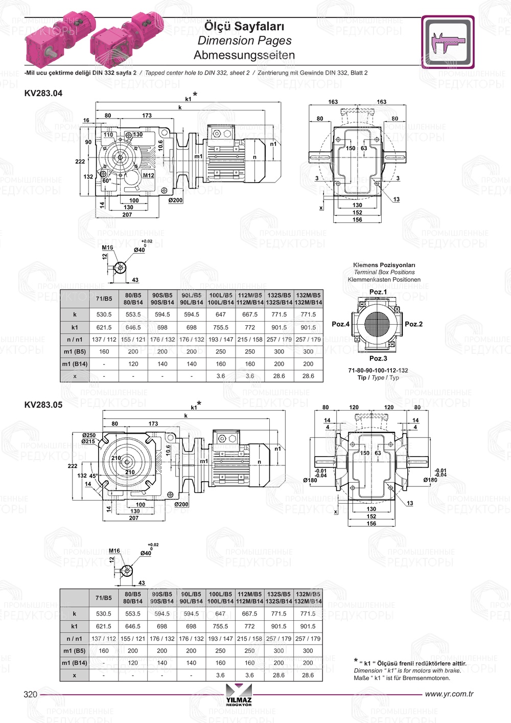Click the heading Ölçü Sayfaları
tap(244, 26)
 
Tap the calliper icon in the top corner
tap(448, 42)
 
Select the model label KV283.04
tap(43, 93)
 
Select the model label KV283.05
tap(43, 404)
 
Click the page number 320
tap(31, 694)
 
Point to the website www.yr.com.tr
tap(449, 694)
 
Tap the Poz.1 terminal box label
tap(378, 292)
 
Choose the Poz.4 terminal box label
tap(340, 324)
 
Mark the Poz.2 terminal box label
tap(413, 324)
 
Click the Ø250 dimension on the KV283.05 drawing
tap(88, 435)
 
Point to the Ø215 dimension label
tap(88, 441)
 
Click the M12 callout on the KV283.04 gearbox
tap(148, 175)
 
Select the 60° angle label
tap(106, 181)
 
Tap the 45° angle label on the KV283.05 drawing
tap(94, 476)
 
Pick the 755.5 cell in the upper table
tap(221, 327)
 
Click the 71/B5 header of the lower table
tap(103, 597)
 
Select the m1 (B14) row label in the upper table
tap(75, 364)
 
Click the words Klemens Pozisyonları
tap(384, 265)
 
